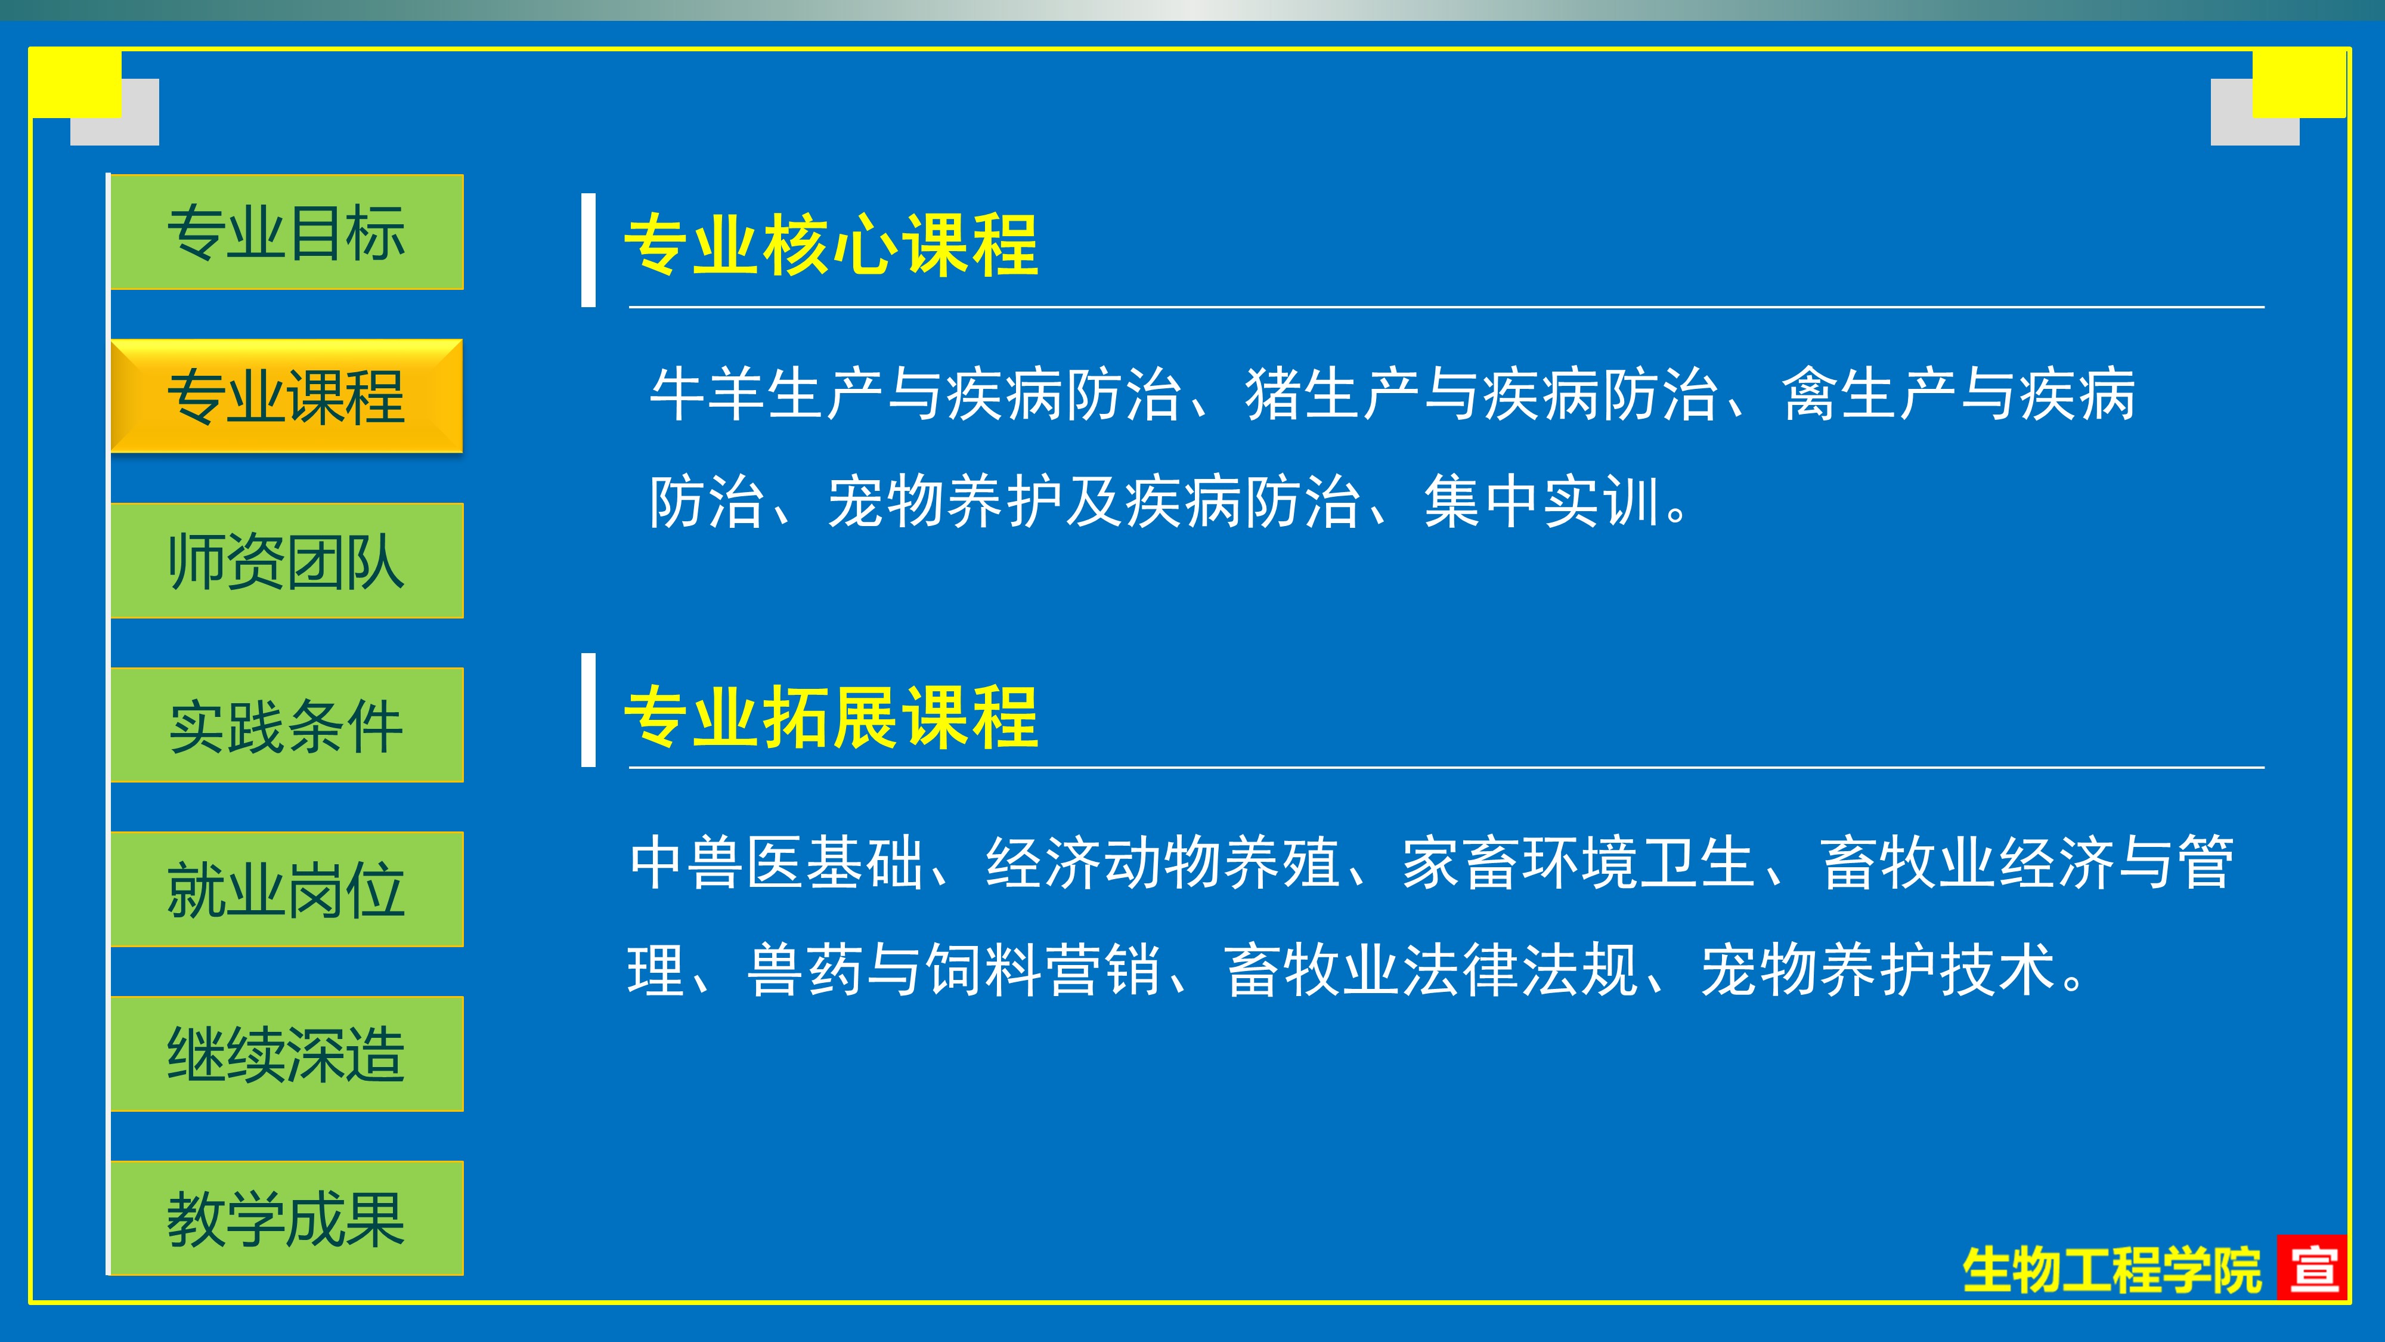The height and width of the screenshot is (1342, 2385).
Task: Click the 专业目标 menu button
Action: [287, 231]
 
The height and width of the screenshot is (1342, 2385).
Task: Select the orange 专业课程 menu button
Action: [287, 397]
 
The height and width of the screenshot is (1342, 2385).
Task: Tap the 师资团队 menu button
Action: [287, 560]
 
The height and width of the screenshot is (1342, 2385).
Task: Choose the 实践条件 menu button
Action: [287, 725]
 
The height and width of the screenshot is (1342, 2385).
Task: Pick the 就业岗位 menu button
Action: [287, 889]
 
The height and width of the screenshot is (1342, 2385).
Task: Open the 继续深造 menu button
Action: [287, 1054]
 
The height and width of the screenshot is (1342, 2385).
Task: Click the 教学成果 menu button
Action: [287, 1218]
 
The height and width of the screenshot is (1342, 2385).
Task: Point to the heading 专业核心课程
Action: [831, 245]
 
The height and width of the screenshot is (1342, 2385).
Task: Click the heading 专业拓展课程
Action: [831, 717]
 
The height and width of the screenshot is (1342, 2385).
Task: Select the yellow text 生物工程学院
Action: [2112, 1270]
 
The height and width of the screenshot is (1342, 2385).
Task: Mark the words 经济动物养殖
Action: [1162, 863]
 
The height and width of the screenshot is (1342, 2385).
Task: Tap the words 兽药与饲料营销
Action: [953, 970]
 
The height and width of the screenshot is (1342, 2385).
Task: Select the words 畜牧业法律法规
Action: [1432, 970]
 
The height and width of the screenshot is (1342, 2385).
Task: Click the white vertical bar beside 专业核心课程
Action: [588, 250]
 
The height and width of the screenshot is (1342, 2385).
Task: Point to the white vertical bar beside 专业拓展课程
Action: [588, 710]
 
